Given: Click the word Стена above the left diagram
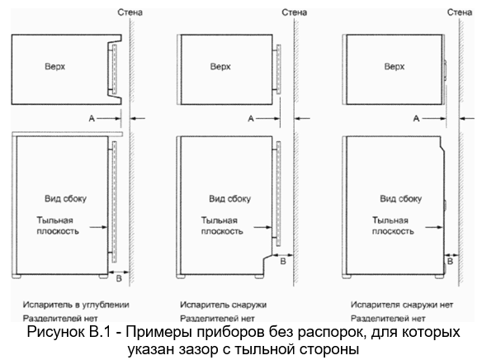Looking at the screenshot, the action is (130, 12).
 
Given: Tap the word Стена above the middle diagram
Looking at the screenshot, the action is (294, 12).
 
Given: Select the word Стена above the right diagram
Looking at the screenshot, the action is (459, 12).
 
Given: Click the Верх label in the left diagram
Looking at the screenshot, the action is (55, 67).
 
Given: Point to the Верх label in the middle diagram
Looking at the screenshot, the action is (220, 67).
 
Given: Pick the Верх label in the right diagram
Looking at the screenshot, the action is (395, 67).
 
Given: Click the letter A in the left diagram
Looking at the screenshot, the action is (92, 118).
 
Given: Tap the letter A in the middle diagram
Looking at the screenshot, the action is (251, 118).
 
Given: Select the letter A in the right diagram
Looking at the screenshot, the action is (416, 118).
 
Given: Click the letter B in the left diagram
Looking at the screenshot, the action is (119, 278).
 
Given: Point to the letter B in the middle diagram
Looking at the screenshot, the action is (283, 261).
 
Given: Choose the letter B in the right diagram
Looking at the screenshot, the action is (450, 261).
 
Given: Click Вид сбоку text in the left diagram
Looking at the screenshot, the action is (65, 199).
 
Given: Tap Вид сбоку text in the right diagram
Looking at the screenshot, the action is (401, 199).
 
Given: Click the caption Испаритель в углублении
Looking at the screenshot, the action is (76, 305).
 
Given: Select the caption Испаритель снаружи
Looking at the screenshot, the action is (223, 305).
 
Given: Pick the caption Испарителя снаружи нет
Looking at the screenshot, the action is (402, 305).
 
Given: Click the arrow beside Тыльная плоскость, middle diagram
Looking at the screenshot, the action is (262, 228).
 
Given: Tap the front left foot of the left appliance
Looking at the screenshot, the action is (17, 277).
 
